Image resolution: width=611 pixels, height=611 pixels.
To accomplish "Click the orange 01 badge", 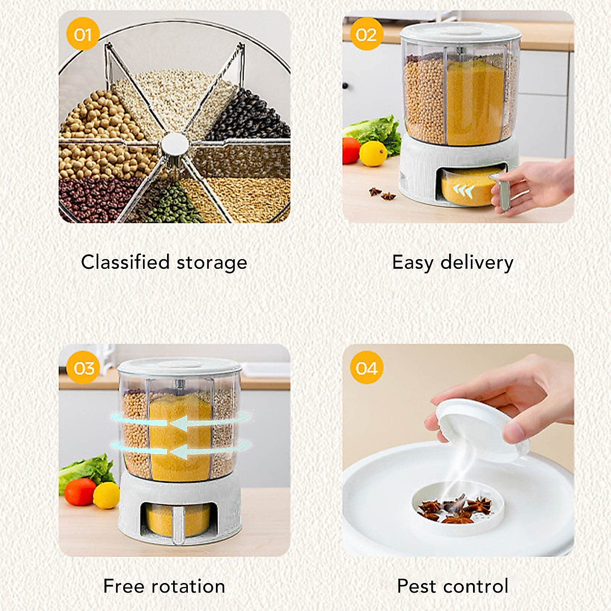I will click(x=82, y=34).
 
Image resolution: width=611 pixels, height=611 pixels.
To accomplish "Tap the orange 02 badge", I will click(x=366, y=34).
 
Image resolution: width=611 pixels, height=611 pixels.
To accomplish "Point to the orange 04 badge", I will click(x=367, y=367).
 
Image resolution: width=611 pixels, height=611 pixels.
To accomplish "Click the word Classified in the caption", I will click(x=125, y=262).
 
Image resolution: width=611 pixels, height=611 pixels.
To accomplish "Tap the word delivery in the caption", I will click(x=477, y=262).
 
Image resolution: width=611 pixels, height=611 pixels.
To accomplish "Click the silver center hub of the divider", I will click(x=175, y=145).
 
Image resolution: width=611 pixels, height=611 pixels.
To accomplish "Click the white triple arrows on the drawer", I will click(x=463, y=191).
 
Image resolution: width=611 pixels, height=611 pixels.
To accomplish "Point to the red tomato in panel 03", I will click(x=80, y=491).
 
